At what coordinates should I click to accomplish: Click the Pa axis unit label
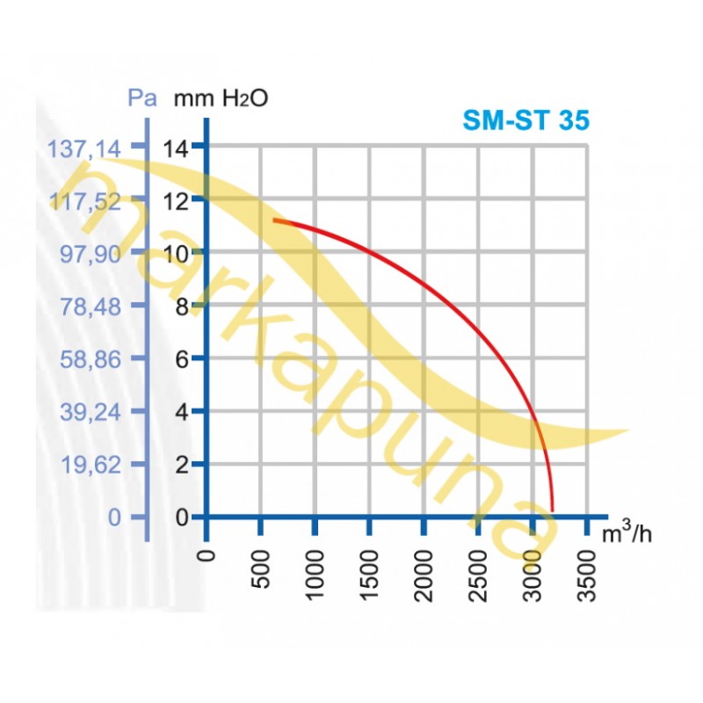click(142, 98)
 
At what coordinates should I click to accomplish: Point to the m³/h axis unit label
click(627, 533)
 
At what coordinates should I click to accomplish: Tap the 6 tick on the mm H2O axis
click(181, 359)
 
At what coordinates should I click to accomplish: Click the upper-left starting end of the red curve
click(274, 220)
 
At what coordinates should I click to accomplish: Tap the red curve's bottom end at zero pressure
click(553, 509)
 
